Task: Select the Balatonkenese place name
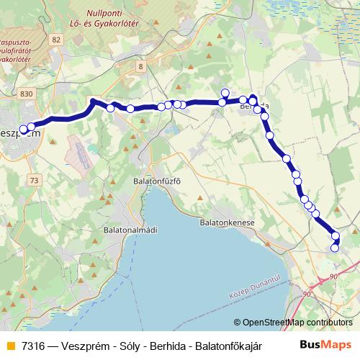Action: click(228, 223)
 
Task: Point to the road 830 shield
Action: click(27, 94)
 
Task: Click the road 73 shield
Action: click(34, 180)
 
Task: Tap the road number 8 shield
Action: click(141, 66)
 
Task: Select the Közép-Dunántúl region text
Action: click(254, 290)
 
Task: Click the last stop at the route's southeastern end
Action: click(334, 248)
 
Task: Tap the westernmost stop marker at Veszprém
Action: click(23, 130)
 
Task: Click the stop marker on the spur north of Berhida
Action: click(225, 92)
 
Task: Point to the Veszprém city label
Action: click(19, 134)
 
